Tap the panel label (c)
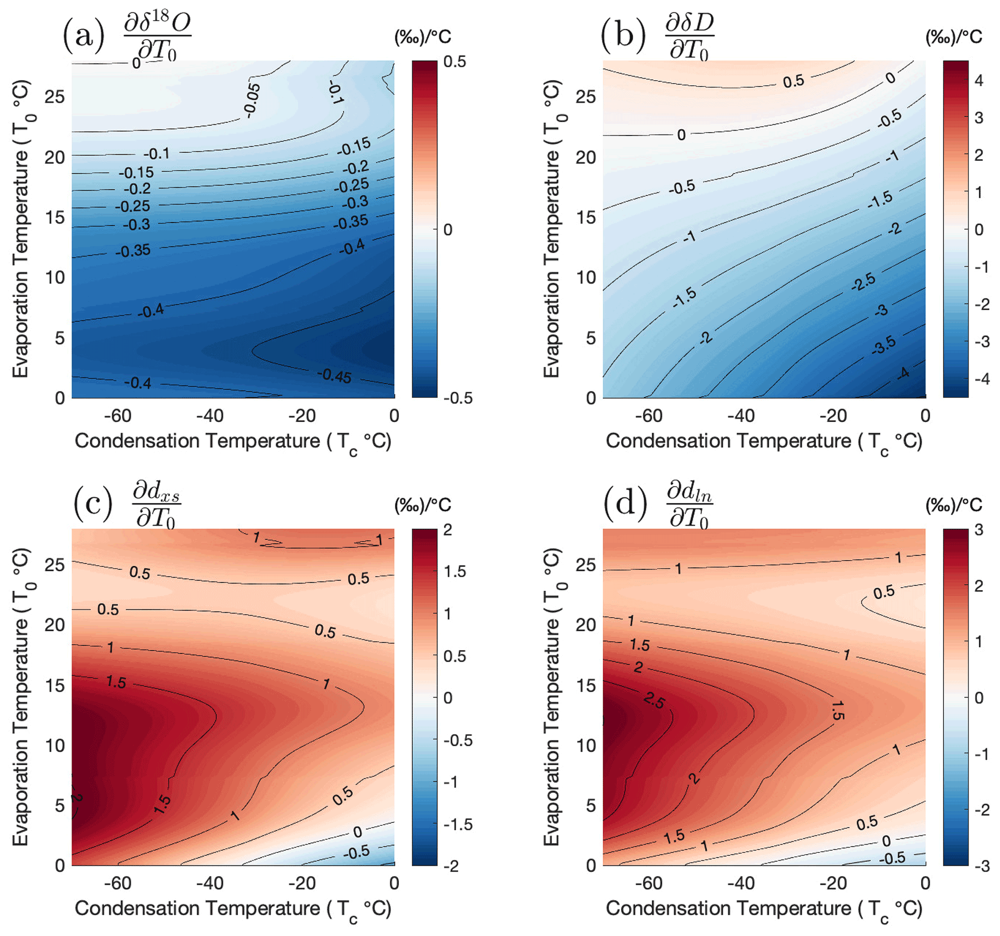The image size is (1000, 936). [x=93, y=504]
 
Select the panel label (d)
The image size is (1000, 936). [x=625, y=504]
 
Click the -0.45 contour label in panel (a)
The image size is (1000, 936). [x=334, y=375]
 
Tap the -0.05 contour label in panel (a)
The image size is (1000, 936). [x=252, y=100]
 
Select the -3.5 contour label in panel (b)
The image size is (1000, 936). [x=884, y=345]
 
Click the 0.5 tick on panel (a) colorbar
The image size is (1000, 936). [x=455, y=62]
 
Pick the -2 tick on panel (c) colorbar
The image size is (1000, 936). [x=451, y=865]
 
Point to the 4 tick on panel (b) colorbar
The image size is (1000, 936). [x=978, y=80]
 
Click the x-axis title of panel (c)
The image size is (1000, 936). [x=233, y=909]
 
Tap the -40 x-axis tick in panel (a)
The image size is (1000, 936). [x=210, y=416]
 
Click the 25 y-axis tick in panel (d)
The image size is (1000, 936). [x=585, y=565]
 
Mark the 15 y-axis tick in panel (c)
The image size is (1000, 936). [x=55, y=685]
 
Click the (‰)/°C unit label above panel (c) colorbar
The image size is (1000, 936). [x=422, y=505]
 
